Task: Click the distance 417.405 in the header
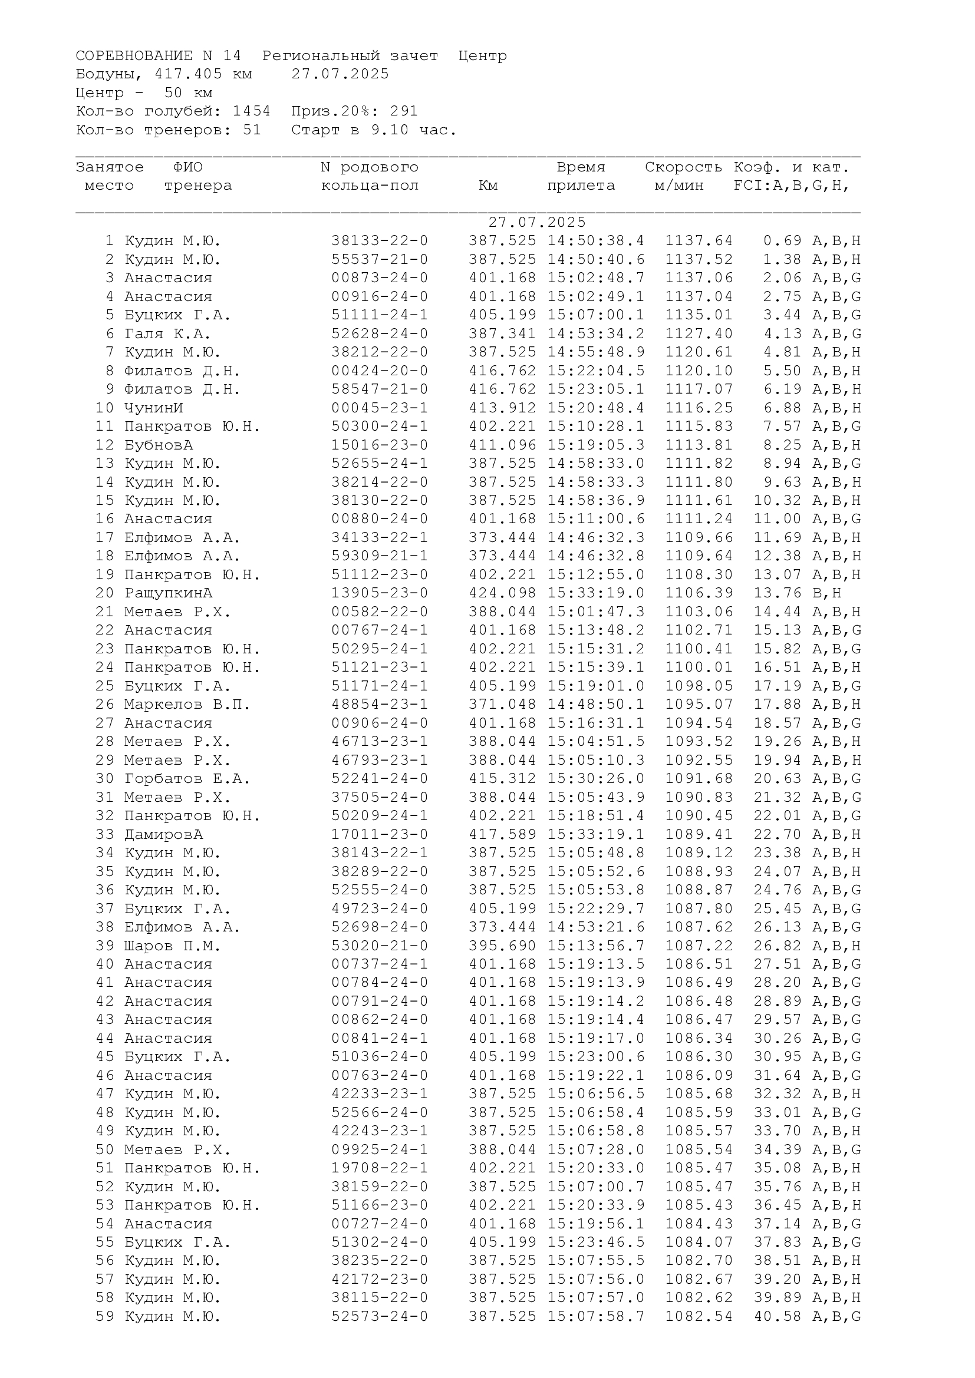point(189,74)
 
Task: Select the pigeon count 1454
point(252,111)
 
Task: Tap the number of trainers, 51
point(252,130)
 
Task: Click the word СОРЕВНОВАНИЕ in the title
point(134,56)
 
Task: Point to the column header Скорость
point(683,167)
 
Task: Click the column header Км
point(488,186)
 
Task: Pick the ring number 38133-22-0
point(380,242)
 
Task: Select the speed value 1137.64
point(699,242)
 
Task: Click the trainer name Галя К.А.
point(167,333)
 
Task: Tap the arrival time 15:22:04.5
point(595,371)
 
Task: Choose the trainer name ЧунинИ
point(154,408)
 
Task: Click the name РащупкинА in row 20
point(168,594)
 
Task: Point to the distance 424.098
point(502,594)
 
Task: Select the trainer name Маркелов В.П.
point(187,705)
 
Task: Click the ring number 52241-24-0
point(380,779)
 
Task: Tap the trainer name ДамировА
point(163,835)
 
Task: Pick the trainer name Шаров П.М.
point(172,947)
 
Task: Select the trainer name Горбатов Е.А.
point(187,779)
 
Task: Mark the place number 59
point(105,1317)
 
